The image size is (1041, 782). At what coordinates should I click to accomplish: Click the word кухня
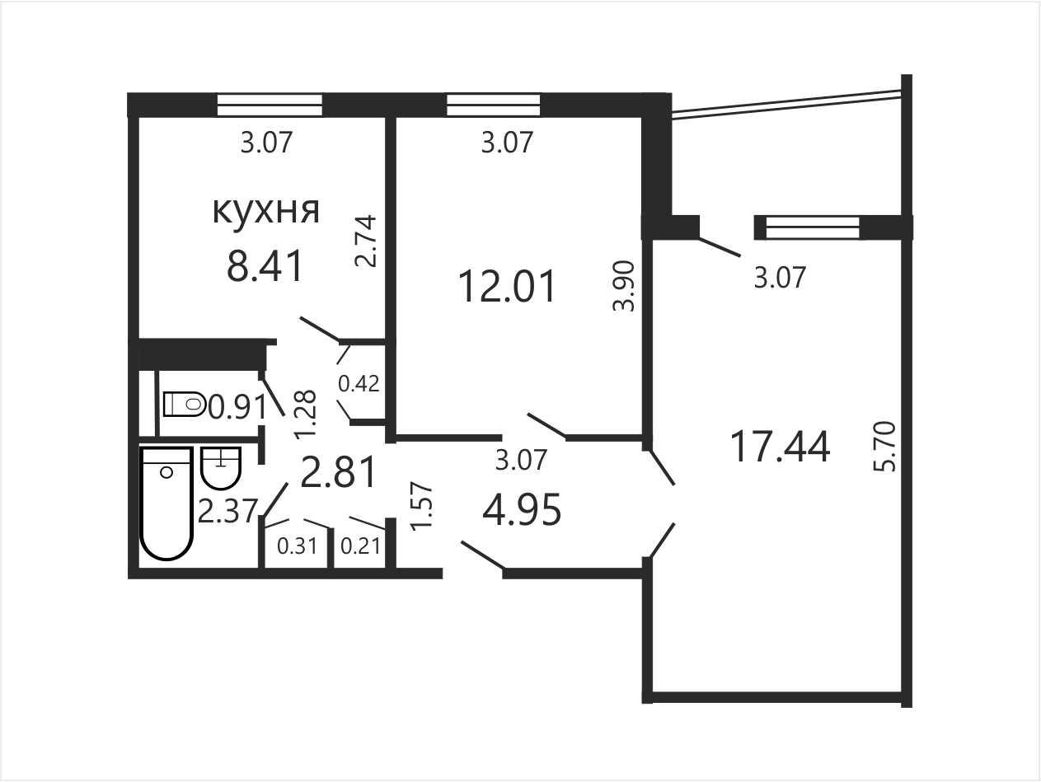pos(266,210)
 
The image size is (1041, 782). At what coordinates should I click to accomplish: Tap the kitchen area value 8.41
pos(265,266)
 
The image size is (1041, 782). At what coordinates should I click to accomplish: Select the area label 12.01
pos(507,286)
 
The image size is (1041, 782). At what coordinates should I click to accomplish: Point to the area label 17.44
pos(781,446)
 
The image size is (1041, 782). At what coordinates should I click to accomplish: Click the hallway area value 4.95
pos(522,510)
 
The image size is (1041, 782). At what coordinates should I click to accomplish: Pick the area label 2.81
pos(339,471)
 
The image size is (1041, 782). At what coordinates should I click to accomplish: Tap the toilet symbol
pos(185,405)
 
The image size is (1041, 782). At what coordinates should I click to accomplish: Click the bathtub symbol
pos(166,503)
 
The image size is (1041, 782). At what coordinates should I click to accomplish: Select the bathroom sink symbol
pos(221,468)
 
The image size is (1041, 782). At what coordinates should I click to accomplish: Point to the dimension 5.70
pos(885,447)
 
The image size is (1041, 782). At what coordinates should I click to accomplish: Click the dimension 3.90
pos(624,286)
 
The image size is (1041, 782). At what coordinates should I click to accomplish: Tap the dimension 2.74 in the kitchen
pos(366,241)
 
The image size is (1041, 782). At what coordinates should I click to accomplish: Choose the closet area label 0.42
pos(359,384)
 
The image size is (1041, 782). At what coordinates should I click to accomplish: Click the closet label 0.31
pos(298,546)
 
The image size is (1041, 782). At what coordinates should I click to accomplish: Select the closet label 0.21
pos(360,546)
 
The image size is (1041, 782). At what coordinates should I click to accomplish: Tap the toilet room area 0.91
pos(237,407)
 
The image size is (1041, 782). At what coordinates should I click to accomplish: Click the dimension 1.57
pos(422,506)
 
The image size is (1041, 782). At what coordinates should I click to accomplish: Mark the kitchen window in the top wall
pos(270,105)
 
